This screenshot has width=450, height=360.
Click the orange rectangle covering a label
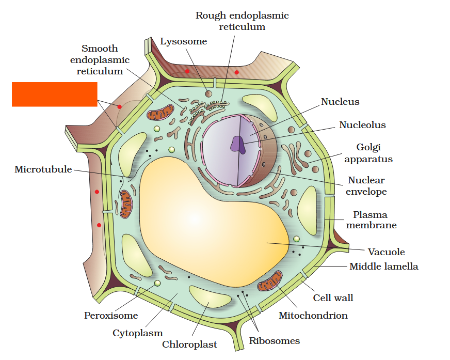pyautogui.click(x=54, y=94)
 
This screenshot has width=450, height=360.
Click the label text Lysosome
pyautogui.click(x=183, y=41)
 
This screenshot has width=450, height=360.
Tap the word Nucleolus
pyautogui.click(x=362, y=125)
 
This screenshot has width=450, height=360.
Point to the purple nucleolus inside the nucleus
pyautogui.click(x=238, y=144)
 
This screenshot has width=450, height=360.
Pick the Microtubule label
pyautogui.click(x=43, y=169)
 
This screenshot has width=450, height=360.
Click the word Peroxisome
pyautogui.click(x=111, y=315)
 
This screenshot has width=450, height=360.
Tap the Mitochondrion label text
pyautogui.click(x=313, y=315)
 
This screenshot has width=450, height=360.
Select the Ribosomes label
pyautogui.click(x=274, y=340)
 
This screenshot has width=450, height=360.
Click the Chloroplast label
pyautogui.click(x=189, y=345)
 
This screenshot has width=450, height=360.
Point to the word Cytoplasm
pyautogui.click(x=138, y=333)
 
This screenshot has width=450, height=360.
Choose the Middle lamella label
pyautogui.click(x=384, y=267)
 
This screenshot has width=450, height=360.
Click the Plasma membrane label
pyautogui.click(x=371, y=220)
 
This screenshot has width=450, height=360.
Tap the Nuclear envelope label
pyautogui.click(x=366, y=186)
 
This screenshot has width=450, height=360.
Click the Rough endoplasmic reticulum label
pyautogui.click(x=242, y=21)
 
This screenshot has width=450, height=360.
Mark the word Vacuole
pyautogui.click(x=386, y=252)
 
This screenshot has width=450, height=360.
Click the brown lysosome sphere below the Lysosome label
pyautogui.click(x=208, y=93)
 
